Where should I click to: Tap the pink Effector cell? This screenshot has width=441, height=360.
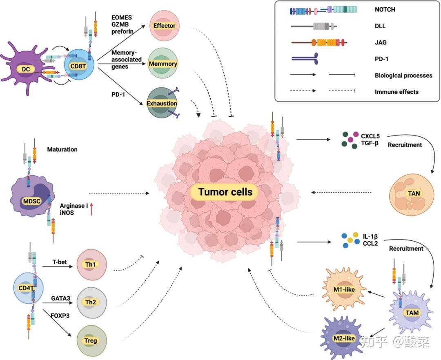pyautogui.click(x=164, y=26)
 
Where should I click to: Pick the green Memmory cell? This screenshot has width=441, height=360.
pyautogui.click(x=163, y=64)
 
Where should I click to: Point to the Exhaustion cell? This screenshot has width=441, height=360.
pyautogui.click(x=162, y=103)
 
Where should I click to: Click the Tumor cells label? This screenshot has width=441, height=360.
pyautogui.click(x=225, y=192)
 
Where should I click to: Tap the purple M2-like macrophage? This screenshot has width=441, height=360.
pyautogui.click(x=342, y=338)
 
